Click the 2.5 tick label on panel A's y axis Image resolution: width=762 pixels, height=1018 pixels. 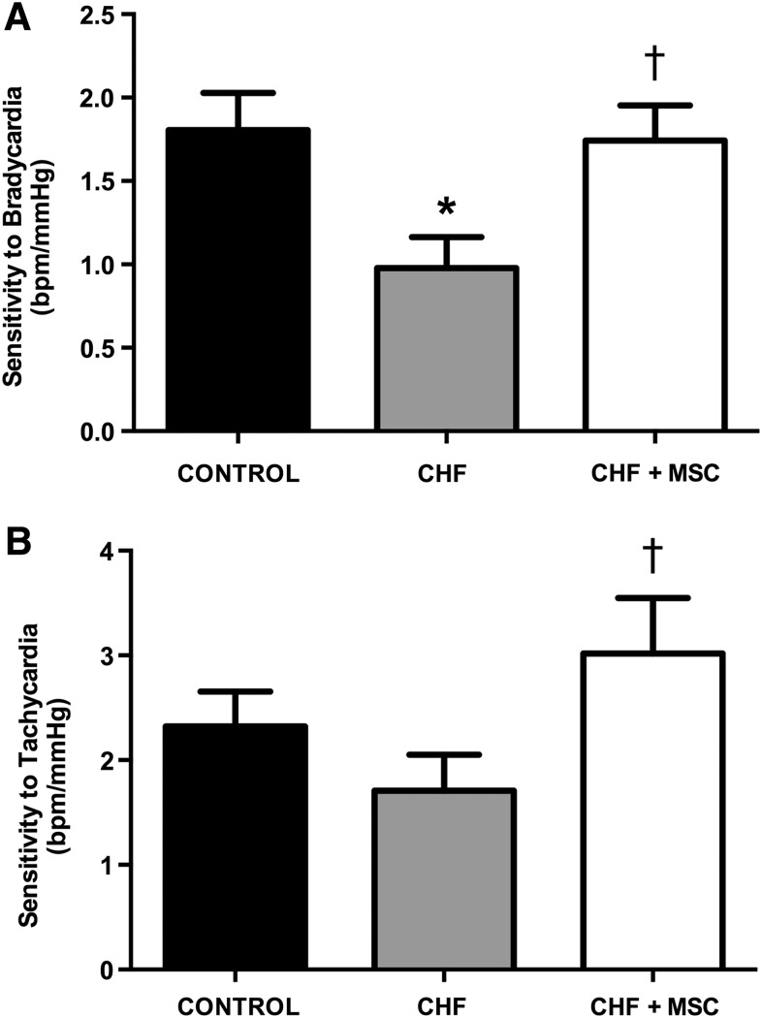(90, 16)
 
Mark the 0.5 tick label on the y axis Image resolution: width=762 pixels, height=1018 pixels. (90, 348)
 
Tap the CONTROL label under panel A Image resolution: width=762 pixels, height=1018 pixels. (238, 475)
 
